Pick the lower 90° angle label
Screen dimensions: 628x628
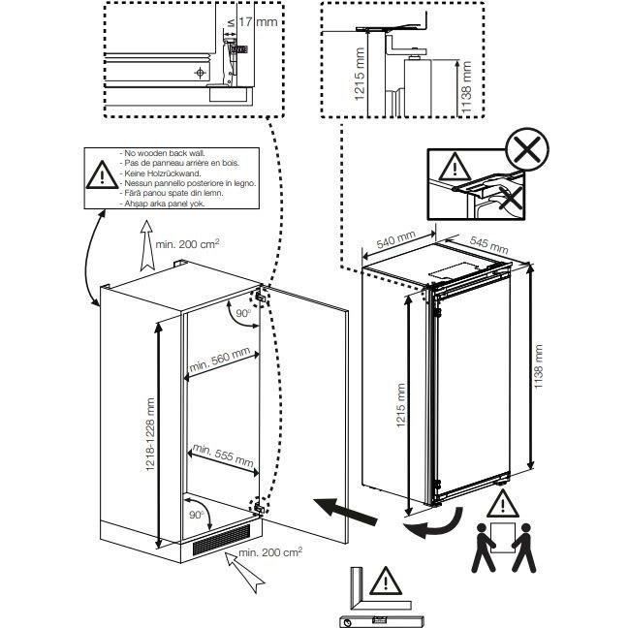coord(198,515)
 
